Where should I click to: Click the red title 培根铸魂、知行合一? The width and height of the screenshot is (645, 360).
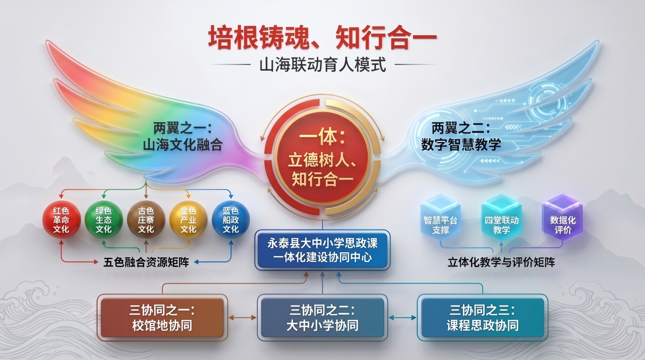pos(322,38)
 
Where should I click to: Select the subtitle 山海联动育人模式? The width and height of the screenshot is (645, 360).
pos(322,65)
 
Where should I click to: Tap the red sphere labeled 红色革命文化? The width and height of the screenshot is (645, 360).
pos(62,220)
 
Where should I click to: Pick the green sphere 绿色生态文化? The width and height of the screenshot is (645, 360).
pos(104,220)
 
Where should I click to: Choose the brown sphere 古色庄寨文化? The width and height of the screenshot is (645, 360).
pos(146,220)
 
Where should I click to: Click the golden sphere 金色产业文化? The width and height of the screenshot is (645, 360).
pos(188,220)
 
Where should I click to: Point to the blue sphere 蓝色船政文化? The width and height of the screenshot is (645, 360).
pos(230,220)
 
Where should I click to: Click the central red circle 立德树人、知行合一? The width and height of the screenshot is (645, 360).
pos(322,157)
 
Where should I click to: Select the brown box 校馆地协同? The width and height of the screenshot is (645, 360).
pos(162,318)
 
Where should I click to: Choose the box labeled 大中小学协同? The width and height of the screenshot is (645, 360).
pos(322,318)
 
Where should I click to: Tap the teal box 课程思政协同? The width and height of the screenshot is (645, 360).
pos(483,318)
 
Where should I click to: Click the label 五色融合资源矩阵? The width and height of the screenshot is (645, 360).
pos(146,262)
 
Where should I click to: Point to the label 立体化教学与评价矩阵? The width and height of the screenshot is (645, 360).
pos(502,262)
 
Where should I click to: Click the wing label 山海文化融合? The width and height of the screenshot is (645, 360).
pos(183,145)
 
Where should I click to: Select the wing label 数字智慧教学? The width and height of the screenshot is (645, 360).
pos(461,145)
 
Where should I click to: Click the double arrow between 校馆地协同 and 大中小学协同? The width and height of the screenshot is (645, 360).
pos(243,318)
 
